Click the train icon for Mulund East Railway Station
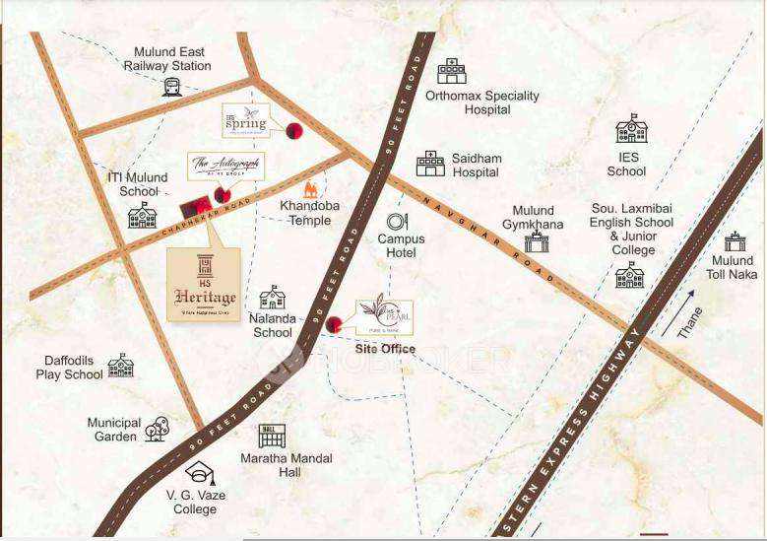(x=171, y=87)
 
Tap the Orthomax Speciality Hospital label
(x=481, y=102)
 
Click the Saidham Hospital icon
(x=430, y=164)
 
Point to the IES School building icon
(x=631, y=129)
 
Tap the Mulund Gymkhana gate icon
(x=536, y=242)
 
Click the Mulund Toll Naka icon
(x=735, y=241)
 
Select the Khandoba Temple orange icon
(x=311, y=189)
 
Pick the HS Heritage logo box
(x=204, y=285)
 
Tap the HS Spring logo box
(x=246, y=121)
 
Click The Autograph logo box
(x=226, y=166)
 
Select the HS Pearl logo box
(x=384, y=316)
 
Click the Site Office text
(x=385, y=349)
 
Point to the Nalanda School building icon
(x=272, y=298)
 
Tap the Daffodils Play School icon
(x=120, y=366)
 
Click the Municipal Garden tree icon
(x=157, y=429)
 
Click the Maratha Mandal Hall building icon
(x=272, y=436)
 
